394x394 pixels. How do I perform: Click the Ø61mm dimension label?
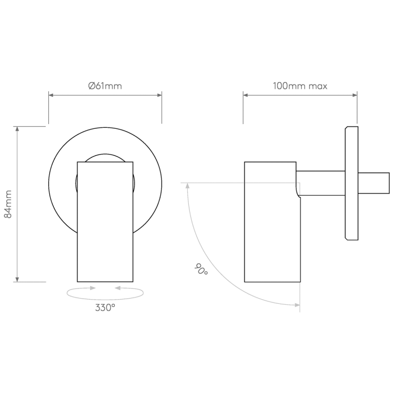105,86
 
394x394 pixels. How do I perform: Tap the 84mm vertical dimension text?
8,204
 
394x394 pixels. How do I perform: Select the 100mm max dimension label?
300,86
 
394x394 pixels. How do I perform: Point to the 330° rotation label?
105,308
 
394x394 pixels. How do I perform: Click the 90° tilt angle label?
201,270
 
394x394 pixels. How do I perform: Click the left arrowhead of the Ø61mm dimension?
51,95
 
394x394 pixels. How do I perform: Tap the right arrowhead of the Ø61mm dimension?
159,95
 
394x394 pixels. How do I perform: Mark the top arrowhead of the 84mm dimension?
17,129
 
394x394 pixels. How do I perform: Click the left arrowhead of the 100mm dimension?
246,95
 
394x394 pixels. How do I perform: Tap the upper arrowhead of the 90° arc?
187,186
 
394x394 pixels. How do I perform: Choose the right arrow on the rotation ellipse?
118,288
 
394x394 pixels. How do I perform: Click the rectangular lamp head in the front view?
105,222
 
